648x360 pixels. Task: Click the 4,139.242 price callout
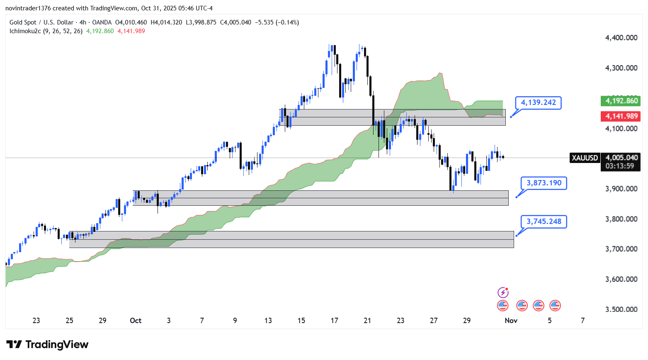(x=538, y=102)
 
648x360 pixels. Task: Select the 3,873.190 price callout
(x=544, y=183)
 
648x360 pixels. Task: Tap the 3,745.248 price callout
(x=544, y=221)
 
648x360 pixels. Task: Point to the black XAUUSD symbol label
(x=585, y=158)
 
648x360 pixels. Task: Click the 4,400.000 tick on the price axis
(x=621, y=38)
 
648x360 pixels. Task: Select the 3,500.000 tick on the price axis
(x=621, y=309)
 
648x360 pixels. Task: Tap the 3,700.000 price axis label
(x=621, y=249)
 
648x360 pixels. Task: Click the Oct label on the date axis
(x=136, y=321)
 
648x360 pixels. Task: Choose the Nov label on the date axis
(x=511, y=321)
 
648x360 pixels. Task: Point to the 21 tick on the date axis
(x=367, y=321)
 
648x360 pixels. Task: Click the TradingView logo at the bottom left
(x=47, y=345)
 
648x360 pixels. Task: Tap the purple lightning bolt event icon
(x=503, y=293)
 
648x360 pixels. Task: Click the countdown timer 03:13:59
(x=619, y=166)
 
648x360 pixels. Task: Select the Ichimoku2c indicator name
(x=25, y=31)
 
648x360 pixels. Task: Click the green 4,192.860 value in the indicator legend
(x=100, y=31)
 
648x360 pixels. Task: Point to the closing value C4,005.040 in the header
(x=235, y=22)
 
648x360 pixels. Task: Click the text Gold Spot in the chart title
(x=23, y=22)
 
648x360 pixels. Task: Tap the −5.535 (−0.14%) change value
(x=277, y=22)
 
